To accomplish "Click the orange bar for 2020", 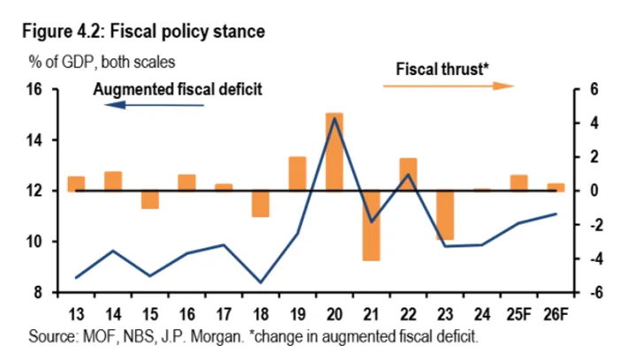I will [334, 151].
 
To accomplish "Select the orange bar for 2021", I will [371, 225].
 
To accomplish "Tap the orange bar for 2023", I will [444, 215].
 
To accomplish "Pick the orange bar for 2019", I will [298, 173].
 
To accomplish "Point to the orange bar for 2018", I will [260, 203].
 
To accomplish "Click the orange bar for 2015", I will [149, 199].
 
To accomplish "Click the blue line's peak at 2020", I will [334, 119].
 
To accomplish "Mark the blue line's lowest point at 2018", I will [260, 282].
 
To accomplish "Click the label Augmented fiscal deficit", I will [178, 89].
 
